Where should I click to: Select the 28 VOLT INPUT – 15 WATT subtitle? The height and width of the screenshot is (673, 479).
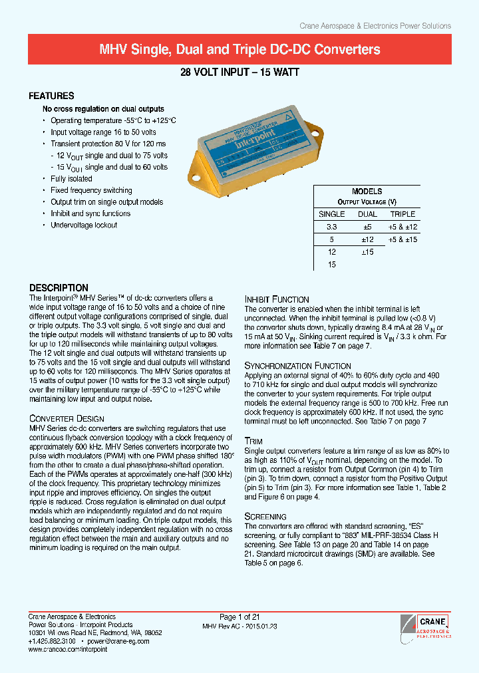coord(239,74)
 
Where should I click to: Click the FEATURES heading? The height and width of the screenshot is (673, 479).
coord(52,96)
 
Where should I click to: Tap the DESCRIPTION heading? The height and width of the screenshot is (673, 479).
coord(59,288)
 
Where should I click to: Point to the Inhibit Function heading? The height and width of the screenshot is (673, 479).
coord(277,299)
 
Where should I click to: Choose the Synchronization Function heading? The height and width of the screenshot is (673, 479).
coord(297,366)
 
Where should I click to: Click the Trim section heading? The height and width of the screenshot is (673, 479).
coord(253,441)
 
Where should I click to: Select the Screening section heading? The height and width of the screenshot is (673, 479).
coord(265,516)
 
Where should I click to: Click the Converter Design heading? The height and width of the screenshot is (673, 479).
coord(67,418)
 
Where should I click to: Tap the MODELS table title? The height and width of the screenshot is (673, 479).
coord(367,192)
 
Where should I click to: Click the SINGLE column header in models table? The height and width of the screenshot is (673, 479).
coord(332,214)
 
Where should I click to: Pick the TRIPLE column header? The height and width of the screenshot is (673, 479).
coord(402,214)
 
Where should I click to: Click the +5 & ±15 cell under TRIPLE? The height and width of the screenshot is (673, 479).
coord(402,239)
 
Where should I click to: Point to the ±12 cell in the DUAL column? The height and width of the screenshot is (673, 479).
coord(367,239)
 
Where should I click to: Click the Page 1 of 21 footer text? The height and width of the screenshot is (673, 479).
coord(239,617)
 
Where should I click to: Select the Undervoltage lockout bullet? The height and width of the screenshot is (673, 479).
coord(84,225)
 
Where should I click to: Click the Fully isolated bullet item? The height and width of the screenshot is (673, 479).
coord(71,179)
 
